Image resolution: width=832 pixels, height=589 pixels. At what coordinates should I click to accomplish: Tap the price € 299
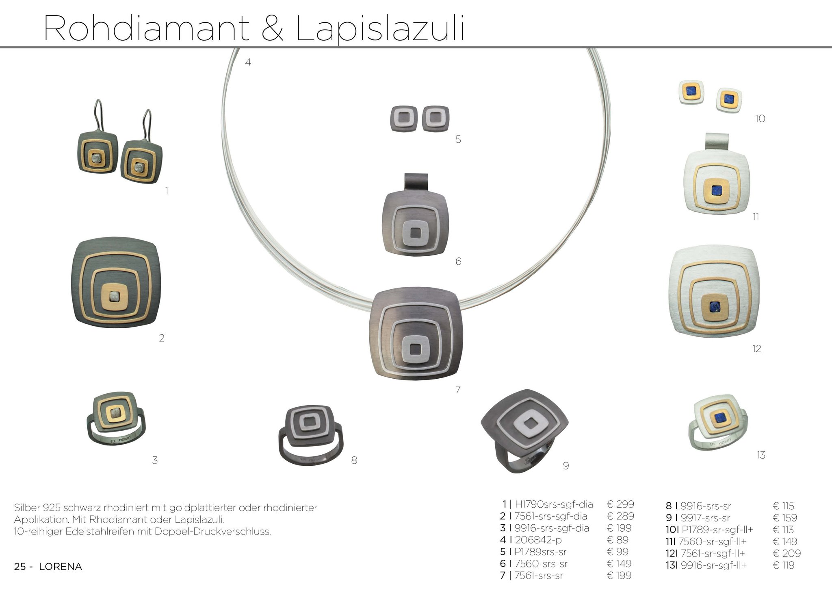[x=620, y=504]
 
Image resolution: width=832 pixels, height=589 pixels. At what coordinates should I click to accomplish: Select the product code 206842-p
[x=538, y=540]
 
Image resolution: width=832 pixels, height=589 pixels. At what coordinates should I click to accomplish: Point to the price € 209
[x=786, y=553]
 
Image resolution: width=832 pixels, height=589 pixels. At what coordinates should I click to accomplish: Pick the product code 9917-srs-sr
[x=705, y=518]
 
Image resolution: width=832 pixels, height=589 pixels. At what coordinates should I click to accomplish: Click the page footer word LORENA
[x=61, y=567]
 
